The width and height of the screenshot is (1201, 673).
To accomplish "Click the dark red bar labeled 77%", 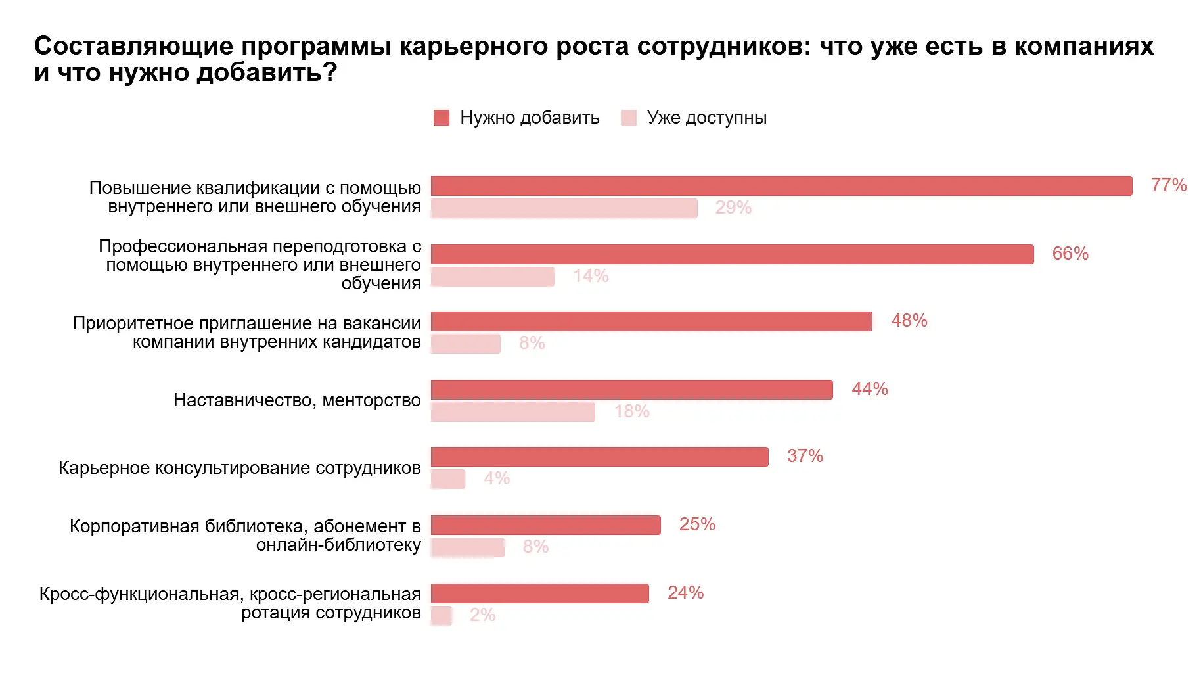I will click(x=781, y=186).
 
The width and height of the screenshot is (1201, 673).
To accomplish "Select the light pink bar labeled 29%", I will click(x=564, y=208).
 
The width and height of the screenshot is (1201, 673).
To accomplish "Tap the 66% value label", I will click(x=1070, y=254).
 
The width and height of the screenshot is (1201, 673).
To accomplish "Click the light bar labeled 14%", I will click(x=492, y=277).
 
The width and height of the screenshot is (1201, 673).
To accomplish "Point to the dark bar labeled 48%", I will click(x=651, y=321).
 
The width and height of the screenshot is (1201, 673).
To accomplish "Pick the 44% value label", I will click(x=869, y=389).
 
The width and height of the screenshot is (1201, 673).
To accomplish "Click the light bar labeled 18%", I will click(x=512, y=412).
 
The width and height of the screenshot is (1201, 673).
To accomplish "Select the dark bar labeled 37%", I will click(x=599, y=457).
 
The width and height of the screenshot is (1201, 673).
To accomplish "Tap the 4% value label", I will click(x=497, y=478).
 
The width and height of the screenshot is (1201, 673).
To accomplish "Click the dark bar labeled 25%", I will click(x=545, y=525).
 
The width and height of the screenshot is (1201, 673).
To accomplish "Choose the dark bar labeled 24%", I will click(x=539, y=593).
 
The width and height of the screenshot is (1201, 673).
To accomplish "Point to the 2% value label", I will click(x=482, y=615).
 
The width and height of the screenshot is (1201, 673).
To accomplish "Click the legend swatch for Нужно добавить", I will click(x=442, y=118).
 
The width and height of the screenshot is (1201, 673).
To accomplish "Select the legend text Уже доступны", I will click(x=706, y=118).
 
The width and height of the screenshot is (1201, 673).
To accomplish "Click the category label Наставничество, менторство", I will click(x=297, y=400).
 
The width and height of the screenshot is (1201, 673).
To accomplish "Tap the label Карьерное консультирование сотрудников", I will click(x=239, y=468).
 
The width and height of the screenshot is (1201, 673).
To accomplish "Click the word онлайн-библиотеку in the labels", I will click(x=338, y=545).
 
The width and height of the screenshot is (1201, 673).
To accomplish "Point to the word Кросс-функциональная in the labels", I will click(x=139, y=594).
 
